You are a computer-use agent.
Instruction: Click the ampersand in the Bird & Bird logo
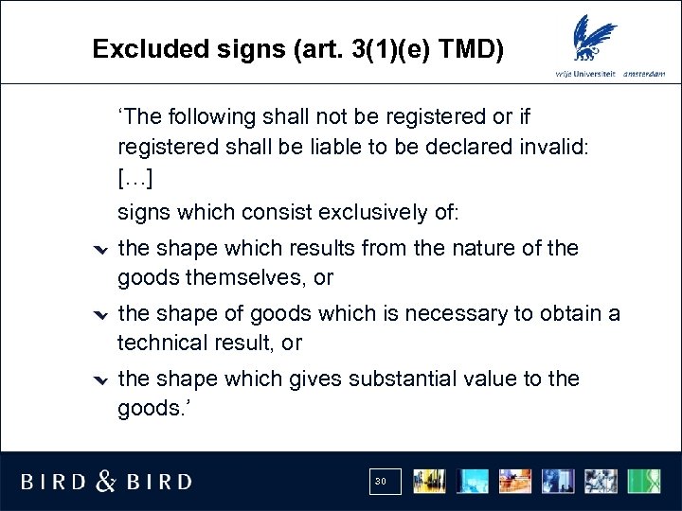click(107, 481)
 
